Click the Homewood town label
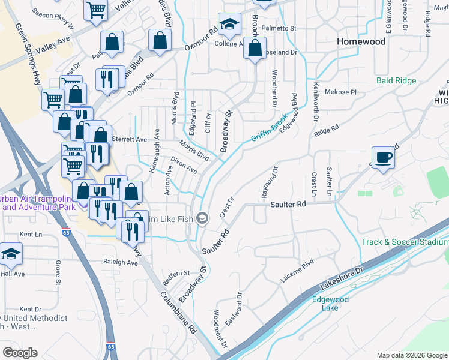pos(361,41)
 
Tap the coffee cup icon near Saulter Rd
pos(383,158)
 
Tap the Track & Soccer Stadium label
pos(405,242)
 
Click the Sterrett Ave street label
pos(133,139)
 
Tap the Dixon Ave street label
pos(184,166)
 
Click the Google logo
pos(20,353)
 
